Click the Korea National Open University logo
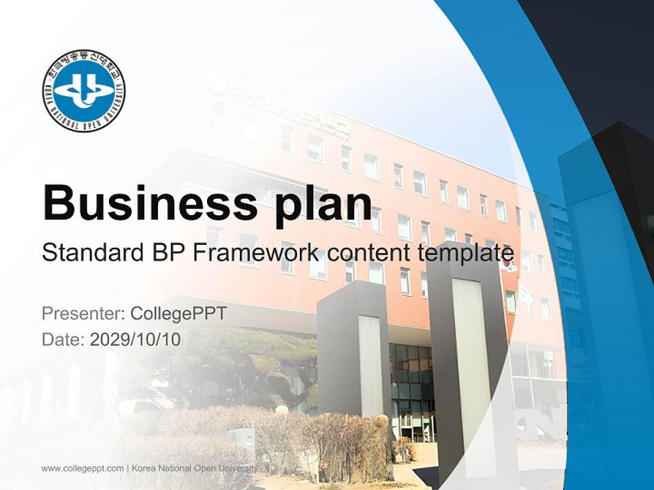pyautogui.click(x=83, y=91)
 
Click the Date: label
pyautogui.click(x=63, y=339)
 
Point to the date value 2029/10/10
pyautogui.click(x=136, y=339)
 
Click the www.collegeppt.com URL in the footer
pyautogui.click(x=82, y=468)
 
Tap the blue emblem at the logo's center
pyautogui.click(x=83, y=91)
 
